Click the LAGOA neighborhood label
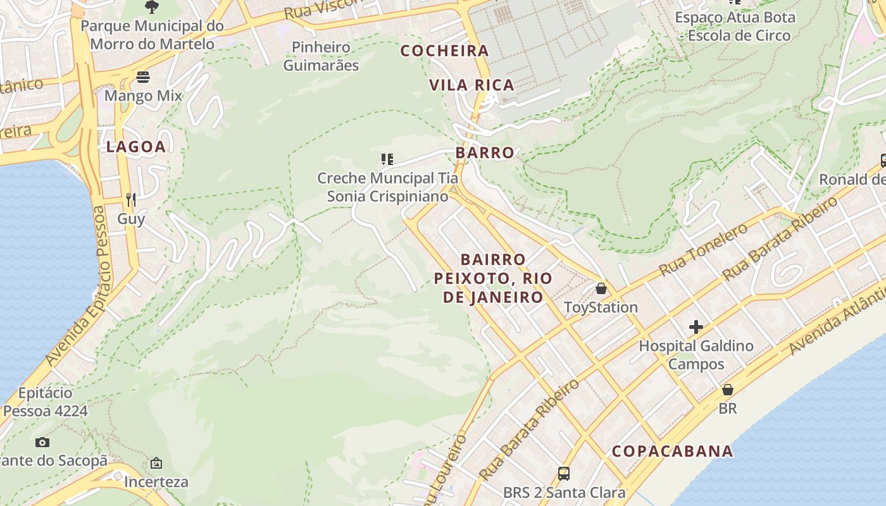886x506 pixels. pos(135,147)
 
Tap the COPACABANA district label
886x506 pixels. pos(672,452)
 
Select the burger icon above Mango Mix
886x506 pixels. pos(144,78)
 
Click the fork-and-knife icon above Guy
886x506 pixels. pos(131,200)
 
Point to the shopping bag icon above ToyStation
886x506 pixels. pos(601,288)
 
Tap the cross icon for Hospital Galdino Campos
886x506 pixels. pos(696,327)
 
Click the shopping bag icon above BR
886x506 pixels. pos(728,390)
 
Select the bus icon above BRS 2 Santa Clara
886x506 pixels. pos(563,473)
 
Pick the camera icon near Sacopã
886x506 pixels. pos(42,442)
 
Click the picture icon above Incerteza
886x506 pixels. pos(156,463)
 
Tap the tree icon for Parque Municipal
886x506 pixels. pos(152,7)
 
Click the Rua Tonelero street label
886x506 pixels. pos(703,250)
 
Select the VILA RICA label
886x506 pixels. pos(471,85)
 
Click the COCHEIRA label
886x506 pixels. pos(445,51)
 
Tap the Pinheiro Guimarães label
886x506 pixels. pos(321,56)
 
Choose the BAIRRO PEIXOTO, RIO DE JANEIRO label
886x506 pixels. pos(493,278)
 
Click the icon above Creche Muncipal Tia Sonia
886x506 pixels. pos(387,159)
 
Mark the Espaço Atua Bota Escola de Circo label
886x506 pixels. pos(735,26)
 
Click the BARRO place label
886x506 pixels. pos(485,153)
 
